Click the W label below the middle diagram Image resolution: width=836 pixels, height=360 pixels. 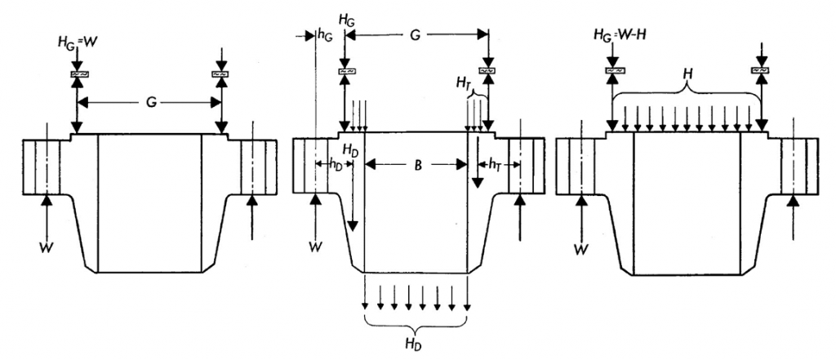point(315,242)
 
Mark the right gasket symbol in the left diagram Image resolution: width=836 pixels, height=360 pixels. point(220,74)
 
